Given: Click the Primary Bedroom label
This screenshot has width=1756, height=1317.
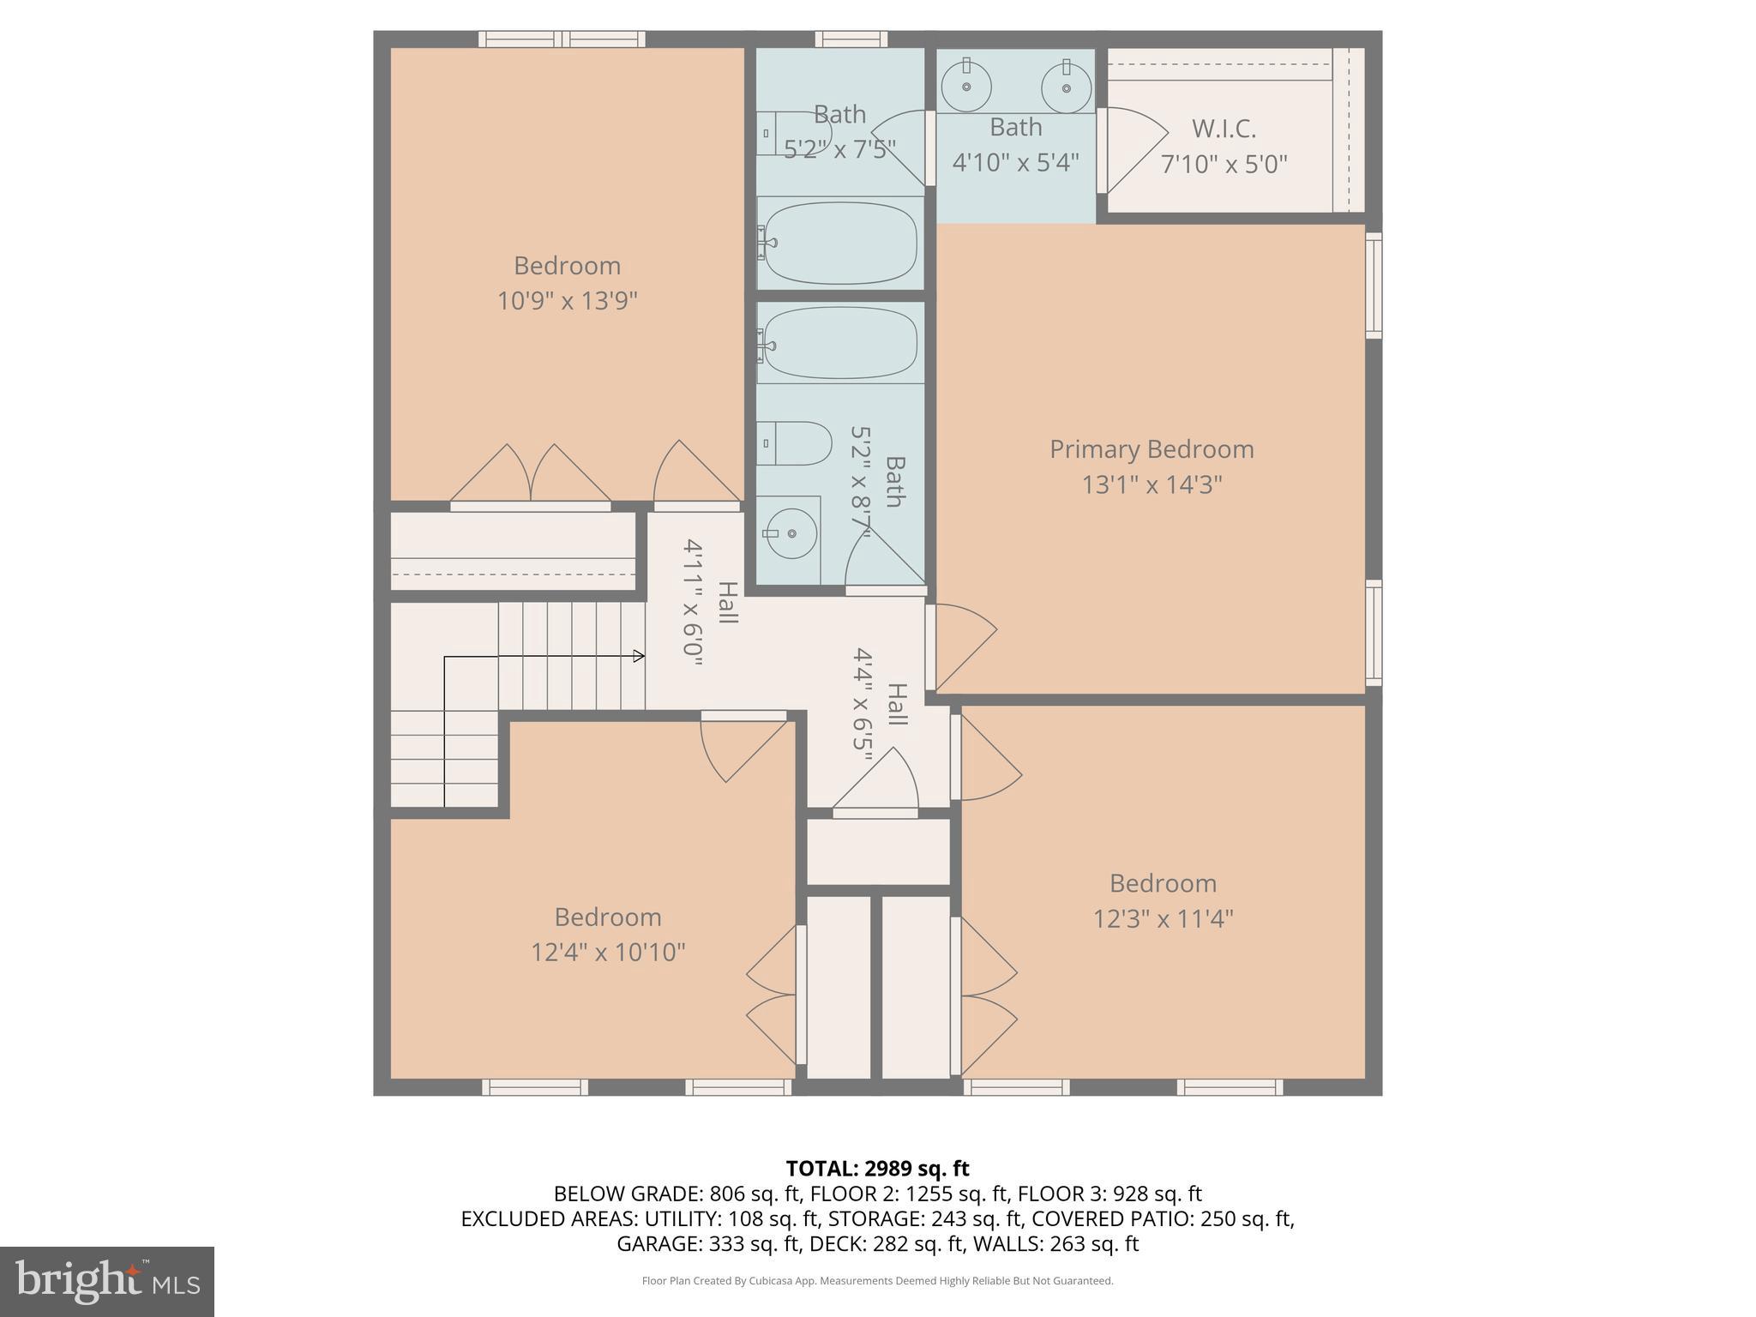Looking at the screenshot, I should click(x=1152, y=449).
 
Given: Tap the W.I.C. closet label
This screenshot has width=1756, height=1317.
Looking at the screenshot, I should click(x=1224, y=129).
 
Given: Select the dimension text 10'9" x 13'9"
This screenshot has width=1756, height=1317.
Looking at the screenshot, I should click(x=567, y=301).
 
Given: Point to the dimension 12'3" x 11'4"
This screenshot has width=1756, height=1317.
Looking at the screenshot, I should click(x=1163, y=919).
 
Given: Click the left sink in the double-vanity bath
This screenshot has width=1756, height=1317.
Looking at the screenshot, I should click(x=966, y=87).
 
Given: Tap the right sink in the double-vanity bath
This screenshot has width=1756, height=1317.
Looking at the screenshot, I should click(x=1067, y=87).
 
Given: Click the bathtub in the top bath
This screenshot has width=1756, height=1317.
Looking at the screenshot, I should click(x=840, y=243).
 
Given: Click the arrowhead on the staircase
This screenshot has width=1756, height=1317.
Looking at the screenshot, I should click(x=639, y=656).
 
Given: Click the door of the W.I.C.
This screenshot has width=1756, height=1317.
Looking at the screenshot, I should click(x=1134, y=151).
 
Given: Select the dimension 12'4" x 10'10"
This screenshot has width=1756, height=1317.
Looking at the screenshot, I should click(x=608, y=953).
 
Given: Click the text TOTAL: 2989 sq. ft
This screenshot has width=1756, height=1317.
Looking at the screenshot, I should click(x=877, y=1169).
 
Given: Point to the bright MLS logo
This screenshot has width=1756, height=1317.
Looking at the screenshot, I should click(x=106, y=1281).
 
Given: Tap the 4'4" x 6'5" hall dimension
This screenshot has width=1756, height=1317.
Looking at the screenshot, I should click(x=863, y=699).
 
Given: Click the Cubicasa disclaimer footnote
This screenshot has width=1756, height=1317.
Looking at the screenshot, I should click(x=877, y=1281).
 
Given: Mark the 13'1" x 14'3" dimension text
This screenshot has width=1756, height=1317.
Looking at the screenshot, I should click(x=1152, y=485).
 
